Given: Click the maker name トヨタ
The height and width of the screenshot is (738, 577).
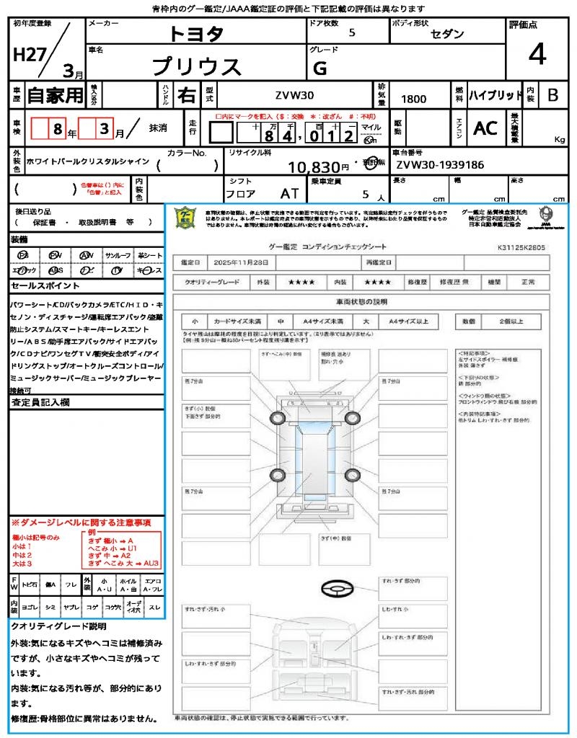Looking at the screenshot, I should pyautogui.click(x=196, y=34).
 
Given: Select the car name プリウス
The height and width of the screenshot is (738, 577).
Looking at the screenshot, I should pyautogui.click(x=196, y=66).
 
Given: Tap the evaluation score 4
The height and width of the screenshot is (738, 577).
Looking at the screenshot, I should pyautogui.click(x=536, y=54).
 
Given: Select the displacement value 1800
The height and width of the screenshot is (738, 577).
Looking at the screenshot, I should pyautogui.click(x=413, y=99).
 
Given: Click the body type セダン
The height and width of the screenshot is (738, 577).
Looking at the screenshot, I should pyautogui.click(x=447, y=34).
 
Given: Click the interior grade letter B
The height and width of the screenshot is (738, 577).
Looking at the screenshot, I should pyautogui.click(x=552, y=95).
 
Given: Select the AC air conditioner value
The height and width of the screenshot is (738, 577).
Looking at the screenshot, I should pyautogui.click(x=485, y=128).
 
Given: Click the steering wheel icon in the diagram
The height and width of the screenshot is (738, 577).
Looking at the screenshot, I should pyautogui.click(x=337, y=589).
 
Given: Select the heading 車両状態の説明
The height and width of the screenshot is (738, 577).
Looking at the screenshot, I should pyautogui.click(x=361, y=301).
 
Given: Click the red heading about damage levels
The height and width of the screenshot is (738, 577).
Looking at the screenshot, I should pyautogui.click(x=80, y=522).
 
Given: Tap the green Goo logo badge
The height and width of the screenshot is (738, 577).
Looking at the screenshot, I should pyautogui.click(x=185, y=217).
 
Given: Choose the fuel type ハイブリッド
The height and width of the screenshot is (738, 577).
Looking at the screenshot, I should pyautogui.click(x=495, y=95).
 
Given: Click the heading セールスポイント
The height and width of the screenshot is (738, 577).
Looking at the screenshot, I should pyautogui.click(x=39, y=285).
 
